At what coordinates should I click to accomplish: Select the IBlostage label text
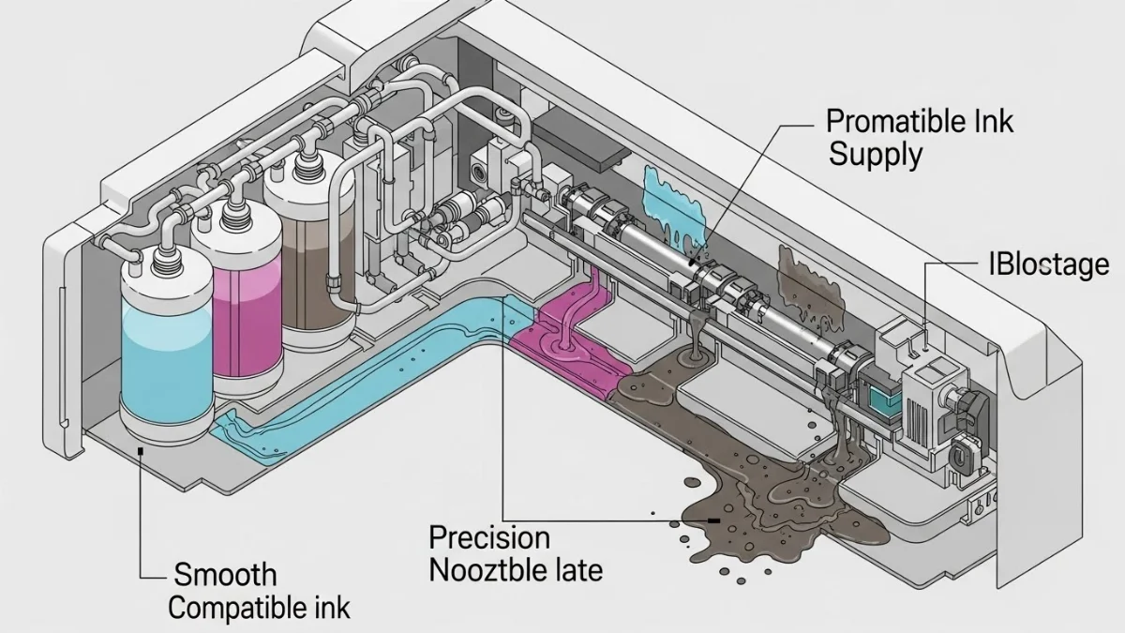[1049, 264]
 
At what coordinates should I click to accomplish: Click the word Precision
[488, 537]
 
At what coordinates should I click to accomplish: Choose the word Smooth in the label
[226, 574]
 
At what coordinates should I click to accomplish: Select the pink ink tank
[246, 309]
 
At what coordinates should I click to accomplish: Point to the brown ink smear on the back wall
[804, 274]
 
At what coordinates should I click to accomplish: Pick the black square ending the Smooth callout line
[140, 451]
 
